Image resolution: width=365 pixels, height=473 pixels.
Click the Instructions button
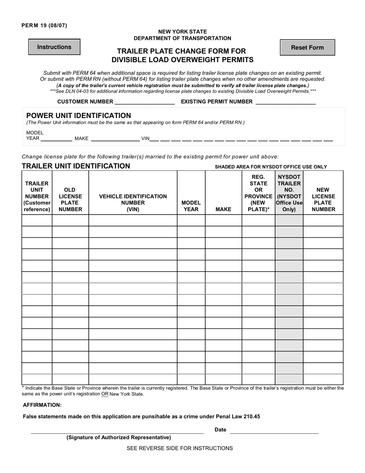(x=54, y=47)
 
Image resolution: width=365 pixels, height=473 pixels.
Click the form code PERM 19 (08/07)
(x=44, y=26)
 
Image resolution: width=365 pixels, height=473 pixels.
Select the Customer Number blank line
(x=145, y=102)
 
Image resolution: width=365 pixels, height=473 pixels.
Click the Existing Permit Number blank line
(x=285, y=102)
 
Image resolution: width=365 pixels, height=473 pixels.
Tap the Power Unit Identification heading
(x=78, y=115)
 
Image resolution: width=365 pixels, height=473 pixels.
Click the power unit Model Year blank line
(x=56, y=139)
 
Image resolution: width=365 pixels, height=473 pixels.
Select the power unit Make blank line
(x=115, y=139)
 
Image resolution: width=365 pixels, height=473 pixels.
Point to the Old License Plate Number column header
(x=70, y=200)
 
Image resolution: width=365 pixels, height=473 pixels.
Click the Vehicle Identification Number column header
(x=133, y=203)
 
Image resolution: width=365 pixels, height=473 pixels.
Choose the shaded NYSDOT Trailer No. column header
(x=289, y=193)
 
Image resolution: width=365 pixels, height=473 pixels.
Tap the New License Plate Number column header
(x=323, y=200)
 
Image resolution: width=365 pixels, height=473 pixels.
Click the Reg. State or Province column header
(x=258, y=193)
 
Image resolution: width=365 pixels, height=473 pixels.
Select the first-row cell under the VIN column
(x=133, y=220)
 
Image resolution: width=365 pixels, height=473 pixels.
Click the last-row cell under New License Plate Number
(x=323, y=379)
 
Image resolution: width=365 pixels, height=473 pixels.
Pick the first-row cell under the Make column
(x=223, y=220)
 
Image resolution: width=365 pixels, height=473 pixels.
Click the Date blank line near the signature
(x=274, y=430)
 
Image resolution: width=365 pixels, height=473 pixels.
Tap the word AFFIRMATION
(x=42, y=405)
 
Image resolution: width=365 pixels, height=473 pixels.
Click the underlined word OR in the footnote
(x=105, y=394)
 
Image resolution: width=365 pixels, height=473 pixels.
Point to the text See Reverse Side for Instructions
(x=179, y=448)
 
